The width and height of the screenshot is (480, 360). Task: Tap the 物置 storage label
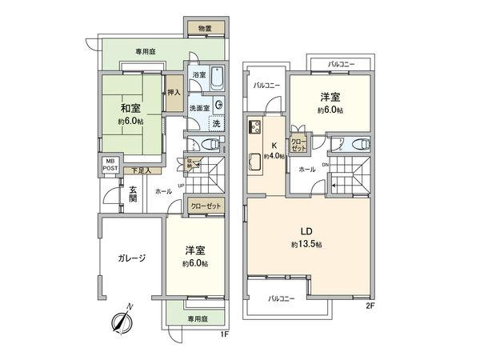205,30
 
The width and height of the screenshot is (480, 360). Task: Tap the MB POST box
110,165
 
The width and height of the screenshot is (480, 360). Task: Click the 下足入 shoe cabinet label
142,170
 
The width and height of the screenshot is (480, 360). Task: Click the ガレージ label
131,258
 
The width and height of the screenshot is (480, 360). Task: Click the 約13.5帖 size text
306,243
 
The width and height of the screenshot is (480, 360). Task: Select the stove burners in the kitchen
257,128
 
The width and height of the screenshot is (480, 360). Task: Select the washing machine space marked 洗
217,123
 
